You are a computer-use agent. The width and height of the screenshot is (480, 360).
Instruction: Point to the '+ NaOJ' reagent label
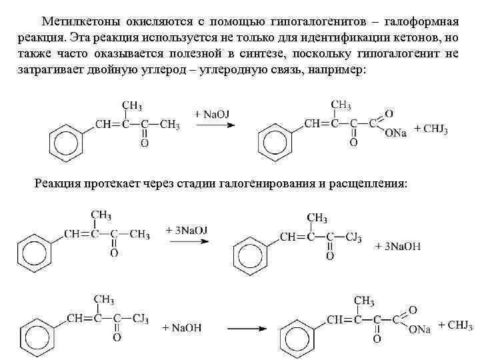(x=212, y=115)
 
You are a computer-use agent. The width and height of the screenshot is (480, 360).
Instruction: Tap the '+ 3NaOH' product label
(x=399, y=247)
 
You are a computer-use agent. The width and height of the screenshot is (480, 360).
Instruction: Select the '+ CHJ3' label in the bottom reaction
(x=452, y=325)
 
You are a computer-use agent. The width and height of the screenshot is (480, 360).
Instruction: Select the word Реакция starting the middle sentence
(x=58, y=183)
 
